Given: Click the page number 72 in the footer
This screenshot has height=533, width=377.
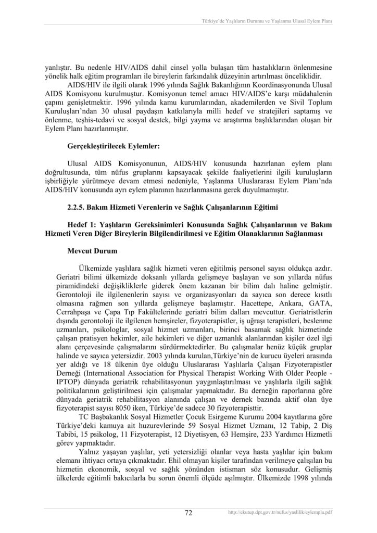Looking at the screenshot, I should coord(188,513).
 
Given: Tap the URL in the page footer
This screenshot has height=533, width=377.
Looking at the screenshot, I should coord(280,513).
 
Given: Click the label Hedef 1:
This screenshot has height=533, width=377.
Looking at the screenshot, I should coord(82,224).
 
